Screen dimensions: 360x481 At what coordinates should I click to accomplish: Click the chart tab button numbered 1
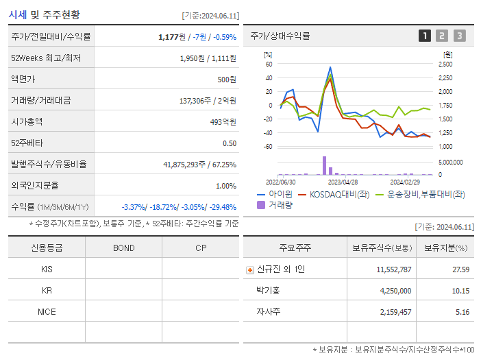coord(425,36)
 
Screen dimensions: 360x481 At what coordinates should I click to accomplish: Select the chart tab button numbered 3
coord(459,36)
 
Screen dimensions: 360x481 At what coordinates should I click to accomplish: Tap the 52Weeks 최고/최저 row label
coord(46,58)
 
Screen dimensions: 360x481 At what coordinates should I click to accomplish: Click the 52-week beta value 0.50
coord(230,143)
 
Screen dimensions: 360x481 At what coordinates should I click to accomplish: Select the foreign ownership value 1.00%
coord(226,186)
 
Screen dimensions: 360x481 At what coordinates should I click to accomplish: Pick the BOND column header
coord(123,248)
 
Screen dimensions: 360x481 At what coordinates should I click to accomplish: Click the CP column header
coord(201,248)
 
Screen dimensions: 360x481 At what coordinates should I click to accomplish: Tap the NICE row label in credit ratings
coord(47,312)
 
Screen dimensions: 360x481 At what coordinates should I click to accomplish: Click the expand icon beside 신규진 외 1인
coord(250,270)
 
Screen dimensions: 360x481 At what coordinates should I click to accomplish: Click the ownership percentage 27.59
coord(461,269)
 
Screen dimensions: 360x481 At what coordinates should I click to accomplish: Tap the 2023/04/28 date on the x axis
coord(343,182)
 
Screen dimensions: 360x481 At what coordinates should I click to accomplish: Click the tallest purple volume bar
coord(324,165)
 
